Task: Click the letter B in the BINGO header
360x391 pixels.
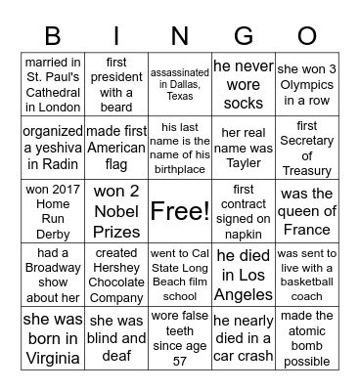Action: click(x=53, y=37)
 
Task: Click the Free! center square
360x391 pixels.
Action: click(x=179, y=210)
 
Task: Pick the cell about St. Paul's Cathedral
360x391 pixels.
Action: click(x=53, y=84)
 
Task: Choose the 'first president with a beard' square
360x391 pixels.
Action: click(x=115, y=84)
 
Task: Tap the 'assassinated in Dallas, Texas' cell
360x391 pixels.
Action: click(x=179, y=84)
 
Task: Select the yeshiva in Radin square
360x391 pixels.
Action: click(x=53, y=147)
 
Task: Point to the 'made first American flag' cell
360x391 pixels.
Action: click(x=115, y=147)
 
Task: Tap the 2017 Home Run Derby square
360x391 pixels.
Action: click(x=53, y=210)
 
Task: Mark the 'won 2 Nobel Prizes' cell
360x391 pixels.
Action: click(x=115, y=210)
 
